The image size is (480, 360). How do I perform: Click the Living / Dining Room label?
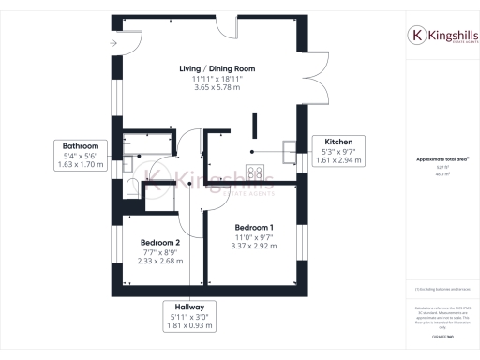coord(217,69)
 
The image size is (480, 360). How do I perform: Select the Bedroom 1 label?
coord(254,228)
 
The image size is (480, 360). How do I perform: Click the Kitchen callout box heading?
coord(337,141)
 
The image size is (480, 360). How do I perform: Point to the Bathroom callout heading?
coord(81,146)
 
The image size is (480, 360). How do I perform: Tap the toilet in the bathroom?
coord(132,188)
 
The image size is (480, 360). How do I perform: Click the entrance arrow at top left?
coord(113,43)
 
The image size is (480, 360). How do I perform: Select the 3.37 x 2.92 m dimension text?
coord(254,247)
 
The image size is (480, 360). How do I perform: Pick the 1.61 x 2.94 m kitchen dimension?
coord(337,160)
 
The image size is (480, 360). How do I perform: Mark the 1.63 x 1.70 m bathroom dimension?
coord(81,165)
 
